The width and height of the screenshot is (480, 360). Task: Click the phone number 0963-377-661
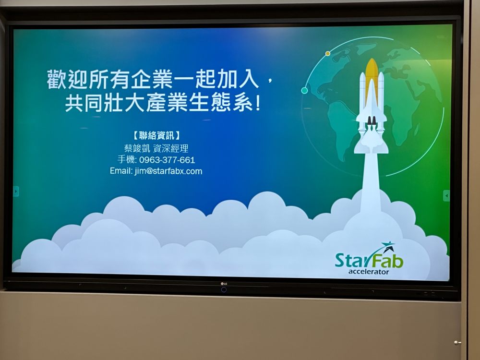click(167, 160)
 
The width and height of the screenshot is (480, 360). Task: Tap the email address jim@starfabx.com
click(168, 171)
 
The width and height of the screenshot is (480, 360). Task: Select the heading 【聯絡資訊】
click(156, 135)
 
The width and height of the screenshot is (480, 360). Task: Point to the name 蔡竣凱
click(137, 148)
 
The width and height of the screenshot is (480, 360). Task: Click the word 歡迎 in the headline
click(68, 79)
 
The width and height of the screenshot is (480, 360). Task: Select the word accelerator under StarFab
click(369, 272)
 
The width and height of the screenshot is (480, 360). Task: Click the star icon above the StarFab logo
click(389, 244)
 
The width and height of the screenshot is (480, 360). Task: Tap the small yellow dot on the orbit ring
click(327, 54)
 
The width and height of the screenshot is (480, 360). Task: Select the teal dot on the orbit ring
click(304, 90)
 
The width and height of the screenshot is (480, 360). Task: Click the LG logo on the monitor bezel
click(224, 284)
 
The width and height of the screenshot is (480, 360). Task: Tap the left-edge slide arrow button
click(16, 192)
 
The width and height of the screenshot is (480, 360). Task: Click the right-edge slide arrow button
click(446, 195)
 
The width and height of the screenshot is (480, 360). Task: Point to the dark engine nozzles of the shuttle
click(372, 120)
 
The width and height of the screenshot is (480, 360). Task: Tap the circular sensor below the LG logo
click(224, 289)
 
